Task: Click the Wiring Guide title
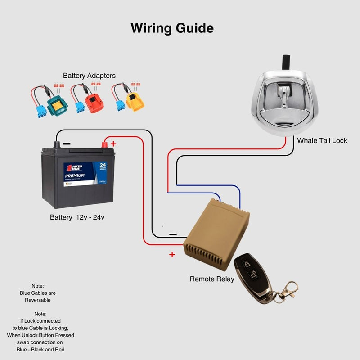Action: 172,28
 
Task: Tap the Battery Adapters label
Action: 89,76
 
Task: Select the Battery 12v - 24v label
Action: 77,217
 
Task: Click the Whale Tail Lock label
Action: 322,140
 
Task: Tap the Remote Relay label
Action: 212,279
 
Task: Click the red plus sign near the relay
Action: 172,255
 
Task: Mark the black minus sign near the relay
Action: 172,234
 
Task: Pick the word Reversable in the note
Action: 38,300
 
